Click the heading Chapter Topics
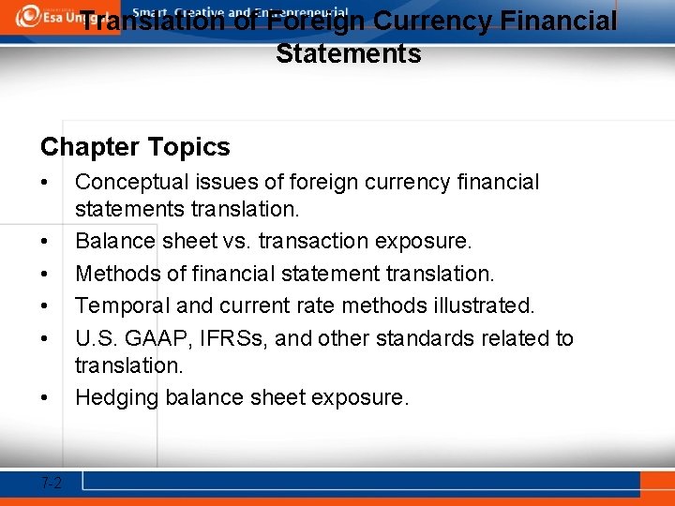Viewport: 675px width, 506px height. click(135, 147)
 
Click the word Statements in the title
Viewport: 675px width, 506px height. click(348, 53)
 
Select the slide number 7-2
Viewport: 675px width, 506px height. click(52, 483)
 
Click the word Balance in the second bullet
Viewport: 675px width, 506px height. click(113, 242)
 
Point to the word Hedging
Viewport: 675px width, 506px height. click(116, 398)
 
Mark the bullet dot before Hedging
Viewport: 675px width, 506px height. click(45, 398)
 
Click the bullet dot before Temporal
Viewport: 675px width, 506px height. click(45, 305)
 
